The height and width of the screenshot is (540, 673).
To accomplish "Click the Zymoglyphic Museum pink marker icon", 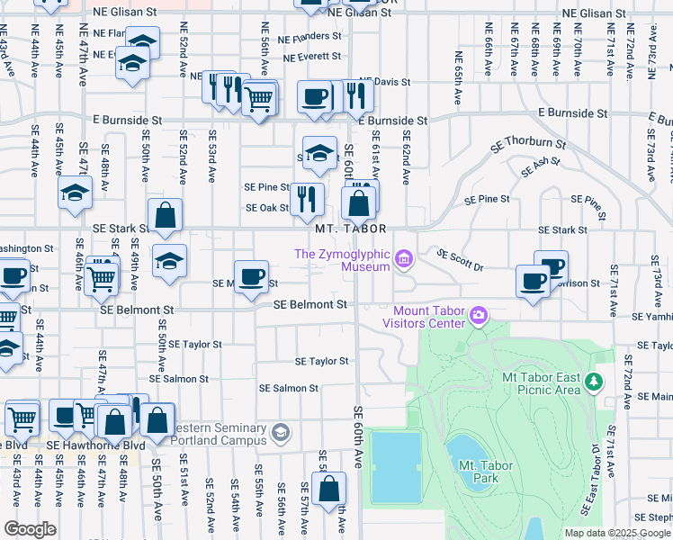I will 404,260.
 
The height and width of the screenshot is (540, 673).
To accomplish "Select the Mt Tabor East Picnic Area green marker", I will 593,383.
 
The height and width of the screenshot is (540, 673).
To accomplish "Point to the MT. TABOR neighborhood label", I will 350,229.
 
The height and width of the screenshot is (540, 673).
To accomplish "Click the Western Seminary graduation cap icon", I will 281,434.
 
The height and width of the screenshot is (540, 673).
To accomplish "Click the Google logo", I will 30,528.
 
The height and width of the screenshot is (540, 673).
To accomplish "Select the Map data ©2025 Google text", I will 616,532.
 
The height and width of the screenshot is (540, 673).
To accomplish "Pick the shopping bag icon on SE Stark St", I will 166,215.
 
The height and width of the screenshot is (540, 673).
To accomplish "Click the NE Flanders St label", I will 310,38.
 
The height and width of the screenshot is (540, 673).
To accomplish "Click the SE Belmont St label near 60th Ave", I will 310,305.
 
